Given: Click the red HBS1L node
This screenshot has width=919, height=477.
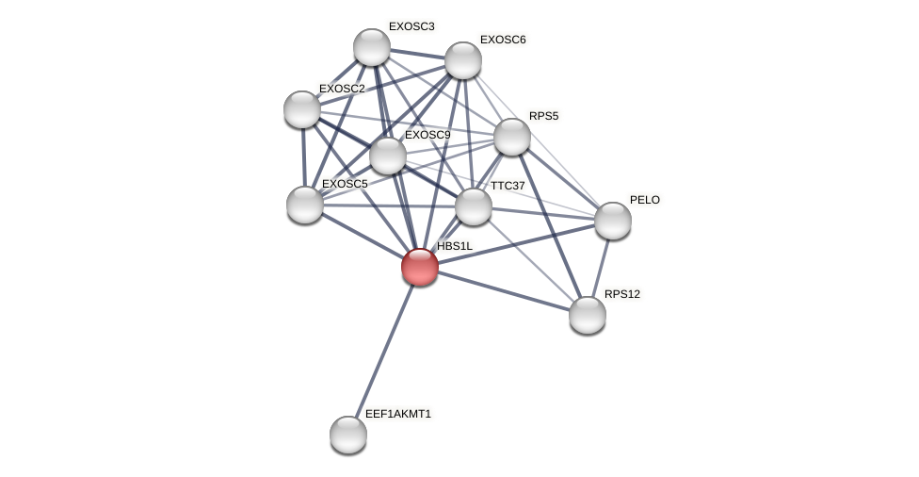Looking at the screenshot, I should click(x=420, y=267).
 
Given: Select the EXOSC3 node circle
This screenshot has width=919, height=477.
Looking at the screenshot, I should click(x=372, y=47).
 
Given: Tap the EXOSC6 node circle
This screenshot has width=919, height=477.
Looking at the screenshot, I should click(x=463, y=60).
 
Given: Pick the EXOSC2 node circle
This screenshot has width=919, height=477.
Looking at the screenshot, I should click(x=302, y=109).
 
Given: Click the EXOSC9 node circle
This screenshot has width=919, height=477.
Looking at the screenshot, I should click(x=388, y=156).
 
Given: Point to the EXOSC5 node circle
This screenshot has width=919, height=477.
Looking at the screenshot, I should click(x=305, y=205).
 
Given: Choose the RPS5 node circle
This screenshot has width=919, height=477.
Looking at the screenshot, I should click(x=512, y=137).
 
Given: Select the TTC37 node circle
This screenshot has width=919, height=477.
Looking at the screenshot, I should click(x=474, y=206).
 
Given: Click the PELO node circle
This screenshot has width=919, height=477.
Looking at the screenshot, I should click(x=613, y=221).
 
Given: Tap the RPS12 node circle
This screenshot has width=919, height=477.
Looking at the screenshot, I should click(x=588, y=315).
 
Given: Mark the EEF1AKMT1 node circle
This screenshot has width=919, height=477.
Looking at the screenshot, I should click(x=348, y=435).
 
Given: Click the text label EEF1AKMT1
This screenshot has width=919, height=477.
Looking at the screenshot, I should click(x=398, y=414).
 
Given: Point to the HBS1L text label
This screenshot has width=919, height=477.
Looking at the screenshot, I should click(x=455, y=246).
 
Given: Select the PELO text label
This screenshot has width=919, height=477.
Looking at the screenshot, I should click(x=645, y=200).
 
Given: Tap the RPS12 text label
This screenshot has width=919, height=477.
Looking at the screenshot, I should click(x=622, y=294).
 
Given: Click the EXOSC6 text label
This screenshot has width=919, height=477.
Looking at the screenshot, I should click(x=503, y=40).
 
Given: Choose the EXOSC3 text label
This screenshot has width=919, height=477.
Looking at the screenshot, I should click(x=411, y=26).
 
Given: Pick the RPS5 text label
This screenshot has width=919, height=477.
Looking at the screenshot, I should click(x=543, y=116).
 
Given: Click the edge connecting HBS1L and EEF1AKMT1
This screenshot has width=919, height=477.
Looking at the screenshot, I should click(x=384, y=351).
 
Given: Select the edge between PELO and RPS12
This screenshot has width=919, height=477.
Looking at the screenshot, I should click(x=601, y=268).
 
